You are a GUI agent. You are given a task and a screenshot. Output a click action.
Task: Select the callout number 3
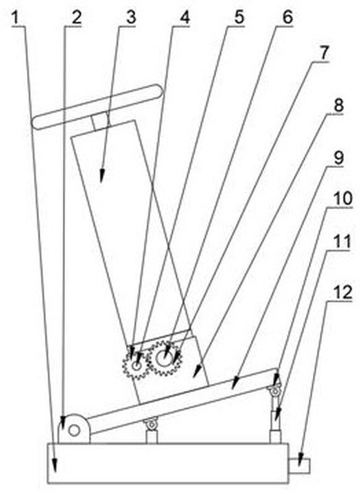pyautogui.click(x=131, y=18)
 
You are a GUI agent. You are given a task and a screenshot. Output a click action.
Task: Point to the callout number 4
pyautogui.click(x=185, y=18)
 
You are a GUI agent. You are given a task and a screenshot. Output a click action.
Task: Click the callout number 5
pyautogui.click(x=239, y=18)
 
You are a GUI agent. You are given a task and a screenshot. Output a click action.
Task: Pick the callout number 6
pyautogui.click(x=288, y=18)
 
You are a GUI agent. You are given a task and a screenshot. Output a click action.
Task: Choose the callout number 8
pyautogui.click(x=338, y=106)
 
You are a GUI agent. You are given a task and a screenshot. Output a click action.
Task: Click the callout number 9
pyautogui.click(x=338, y=158)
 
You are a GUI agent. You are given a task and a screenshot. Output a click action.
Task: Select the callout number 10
pyautogui.click(x=343, y=199)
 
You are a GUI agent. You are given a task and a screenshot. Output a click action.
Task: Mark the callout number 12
pyautogui.click(x=343, y=293)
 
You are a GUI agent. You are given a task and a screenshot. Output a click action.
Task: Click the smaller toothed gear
pyautogui.click(x=136, y=366)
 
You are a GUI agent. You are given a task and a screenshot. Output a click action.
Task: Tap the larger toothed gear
pyautogui.click(x=164, y=358)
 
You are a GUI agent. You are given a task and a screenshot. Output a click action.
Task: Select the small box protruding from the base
pyautogui.click(x=299, y=466)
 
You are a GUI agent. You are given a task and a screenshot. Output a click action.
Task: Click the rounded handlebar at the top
pyautogui.click(x=98, y=107)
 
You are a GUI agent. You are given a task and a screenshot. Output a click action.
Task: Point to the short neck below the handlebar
pyautogui.click(x=100, y=122)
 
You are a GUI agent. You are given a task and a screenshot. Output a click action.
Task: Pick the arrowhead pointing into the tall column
pyautogui.click(x=102, y=175)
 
